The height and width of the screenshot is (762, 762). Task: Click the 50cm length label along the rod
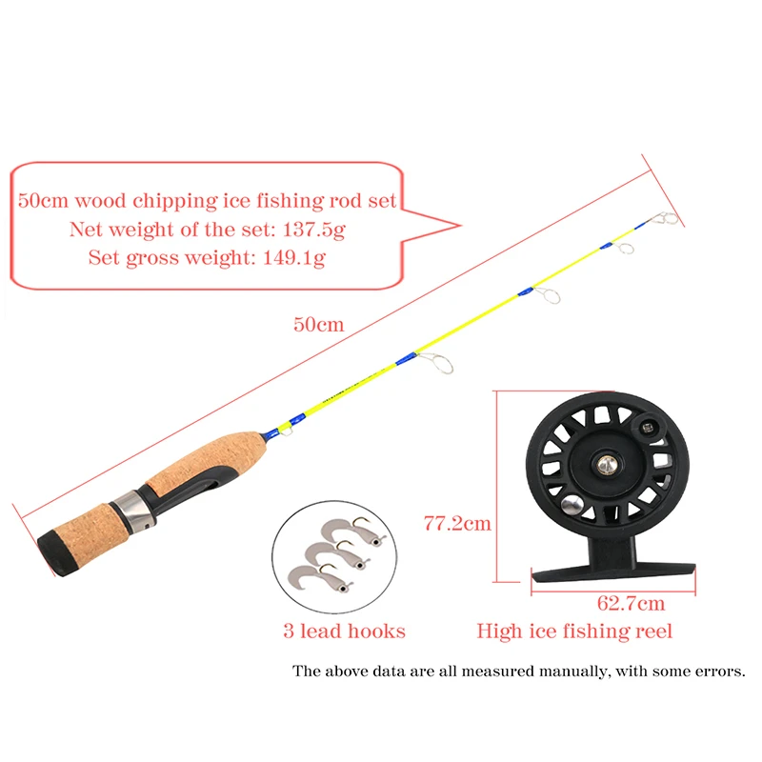[318, 325]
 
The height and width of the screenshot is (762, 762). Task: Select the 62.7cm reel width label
[632, 603]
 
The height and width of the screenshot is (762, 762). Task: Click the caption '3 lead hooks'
[344, 631]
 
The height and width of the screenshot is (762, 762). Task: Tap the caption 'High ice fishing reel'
[574, 631]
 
